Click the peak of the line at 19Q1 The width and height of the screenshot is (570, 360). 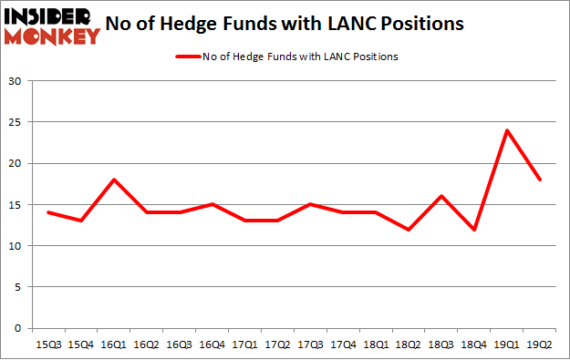pyautogui.click(x=507, y=130)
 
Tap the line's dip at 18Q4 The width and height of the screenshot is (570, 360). pyautogui.click(x=473, y=229)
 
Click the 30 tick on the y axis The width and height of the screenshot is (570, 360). pyautogui.click(x=16, y=81)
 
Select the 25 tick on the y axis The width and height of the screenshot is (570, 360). pyautogui.click(x=16, y=122)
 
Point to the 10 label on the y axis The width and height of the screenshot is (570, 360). pyautogui.click(x=16, y=246)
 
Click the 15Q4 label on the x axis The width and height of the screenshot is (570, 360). pyautogui.click(x=81, y=345)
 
